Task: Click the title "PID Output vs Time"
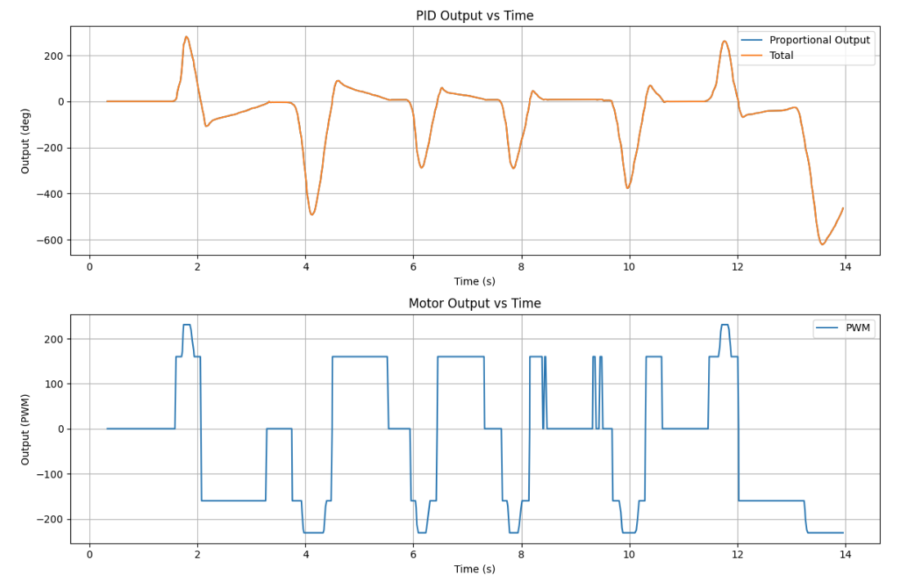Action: pyautogui.click(x=474, y=16)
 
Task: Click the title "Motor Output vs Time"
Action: pyautogui.click(x=474, y=303)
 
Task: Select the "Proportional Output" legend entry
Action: pyautogui.click(x=819, y=40)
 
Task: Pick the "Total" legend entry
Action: pyautogui.click(x=781, y=56)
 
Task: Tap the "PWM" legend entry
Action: pyautogui.click(x=858, y=329)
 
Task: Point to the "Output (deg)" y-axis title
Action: pyautogui.click(x=25, y=141)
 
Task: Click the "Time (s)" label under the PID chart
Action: pyautogui.click(x=474, y=281)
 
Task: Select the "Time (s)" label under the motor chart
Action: pyautogui.click(x=474, y=569)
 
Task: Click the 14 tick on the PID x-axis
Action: pyautogui.click(x=845, y=266)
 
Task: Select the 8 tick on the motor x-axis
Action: pyautogui.click(x=522, y=554)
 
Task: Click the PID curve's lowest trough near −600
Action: pyautogui.click(x=823, y=244)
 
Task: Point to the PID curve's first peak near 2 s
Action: pyautogui.click(x=186, y=37)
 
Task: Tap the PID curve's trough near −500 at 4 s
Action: pyautogui.click(x=312, y=214)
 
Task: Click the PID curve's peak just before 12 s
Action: pyautogui.click(x=724, y=42)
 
